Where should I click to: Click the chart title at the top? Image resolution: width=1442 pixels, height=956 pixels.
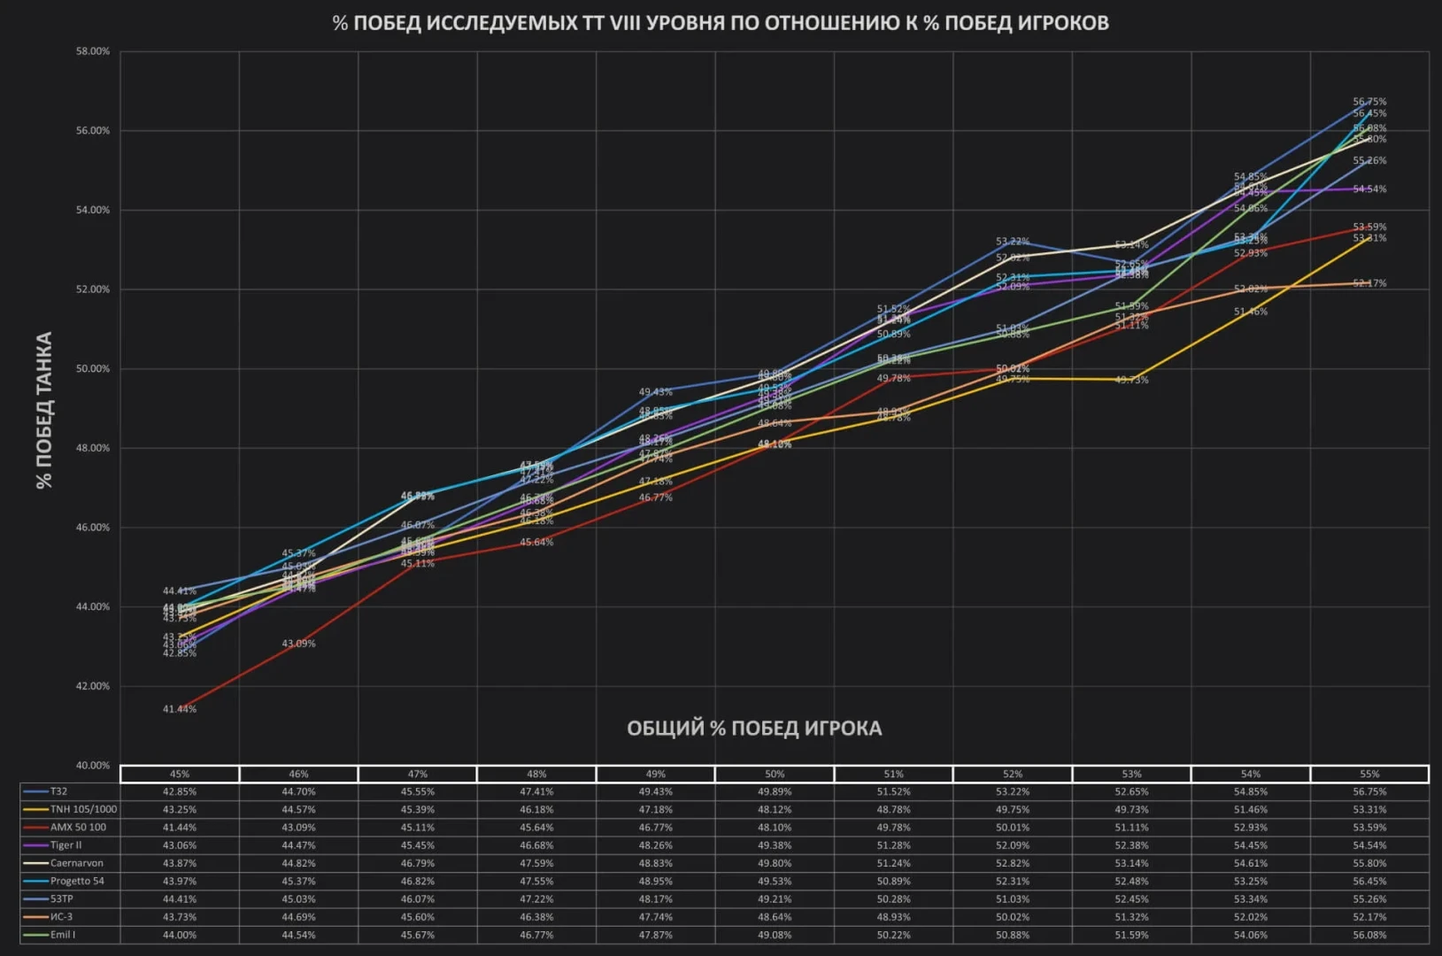point(721,23)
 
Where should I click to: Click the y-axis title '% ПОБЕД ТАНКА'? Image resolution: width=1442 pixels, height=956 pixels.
point(44,409)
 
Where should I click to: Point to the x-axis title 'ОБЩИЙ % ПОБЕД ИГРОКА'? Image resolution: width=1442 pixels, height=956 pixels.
point(754,729)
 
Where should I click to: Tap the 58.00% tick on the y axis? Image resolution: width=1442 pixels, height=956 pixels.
point(93,51)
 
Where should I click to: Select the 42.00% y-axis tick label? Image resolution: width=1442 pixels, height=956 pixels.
point(93,686)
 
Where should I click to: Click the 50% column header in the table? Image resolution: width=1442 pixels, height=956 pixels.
point(775,775)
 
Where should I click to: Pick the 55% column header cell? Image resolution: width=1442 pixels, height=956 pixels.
point(1369,775)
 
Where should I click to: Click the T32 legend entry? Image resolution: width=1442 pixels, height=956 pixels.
point(58,791)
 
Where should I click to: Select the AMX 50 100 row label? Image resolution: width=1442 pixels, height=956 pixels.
point(78,828)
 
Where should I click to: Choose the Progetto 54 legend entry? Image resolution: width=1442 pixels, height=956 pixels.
point(77,881)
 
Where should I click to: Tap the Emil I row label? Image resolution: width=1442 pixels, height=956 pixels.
point(63,935)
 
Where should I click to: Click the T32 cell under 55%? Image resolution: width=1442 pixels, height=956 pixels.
point(1369,791)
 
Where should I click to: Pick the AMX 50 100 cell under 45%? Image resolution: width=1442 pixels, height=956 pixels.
point(180,828)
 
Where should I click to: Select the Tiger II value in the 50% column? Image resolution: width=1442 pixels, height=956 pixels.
point(775,845)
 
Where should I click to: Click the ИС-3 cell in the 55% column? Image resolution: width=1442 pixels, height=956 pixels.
point(1369,917)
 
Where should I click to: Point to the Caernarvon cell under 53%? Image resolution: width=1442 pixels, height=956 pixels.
point(1131,863)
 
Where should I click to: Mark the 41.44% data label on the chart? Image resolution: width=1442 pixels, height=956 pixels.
point(180,709)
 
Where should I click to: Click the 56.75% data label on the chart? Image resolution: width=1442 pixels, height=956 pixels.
point(1369,102)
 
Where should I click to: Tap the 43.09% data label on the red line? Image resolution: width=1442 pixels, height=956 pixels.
point(298,644)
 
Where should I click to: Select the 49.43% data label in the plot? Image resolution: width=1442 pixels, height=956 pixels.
point(656,392)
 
